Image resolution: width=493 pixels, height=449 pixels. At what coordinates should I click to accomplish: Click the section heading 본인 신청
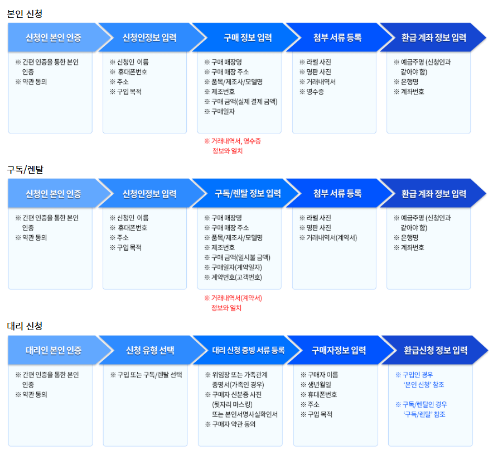[25, 13]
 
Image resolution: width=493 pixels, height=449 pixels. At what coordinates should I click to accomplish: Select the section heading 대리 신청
[25, 326]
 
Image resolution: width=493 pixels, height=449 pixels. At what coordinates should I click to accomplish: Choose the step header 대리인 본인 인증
[54, 351]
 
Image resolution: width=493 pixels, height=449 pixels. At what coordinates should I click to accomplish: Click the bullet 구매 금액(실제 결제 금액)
[244, 102]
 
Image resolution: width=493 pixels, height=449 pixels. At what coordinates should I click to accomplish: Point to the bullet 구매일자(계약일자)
[236, 268]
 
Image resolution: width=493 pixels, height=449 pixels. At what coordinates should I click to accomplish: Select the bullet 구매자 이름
[322, 375]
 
